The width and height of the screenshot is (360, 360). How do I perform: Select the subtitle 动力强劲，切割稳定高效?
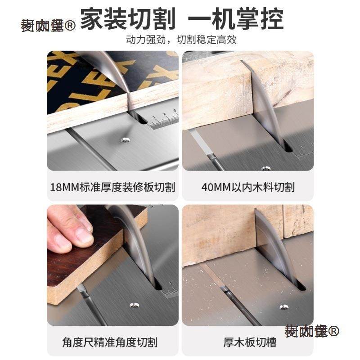[181, 40]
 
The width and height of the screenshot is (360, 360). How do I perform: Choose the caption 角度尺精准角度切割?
[110, 342]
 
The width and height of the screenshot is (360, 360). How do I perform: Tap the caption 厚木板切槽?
[250, 342]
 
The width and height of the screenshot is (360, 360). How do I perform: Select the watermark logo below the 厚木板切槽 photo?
[312, 332]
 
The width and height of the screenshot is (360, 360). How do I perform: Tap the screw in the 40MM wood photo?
[266, 168]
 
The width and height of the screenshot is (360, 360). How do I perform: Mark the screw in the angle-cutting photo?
[134, 305]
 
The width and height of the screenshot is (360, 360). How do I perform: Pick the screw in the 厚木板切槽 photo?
[284, 307]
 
